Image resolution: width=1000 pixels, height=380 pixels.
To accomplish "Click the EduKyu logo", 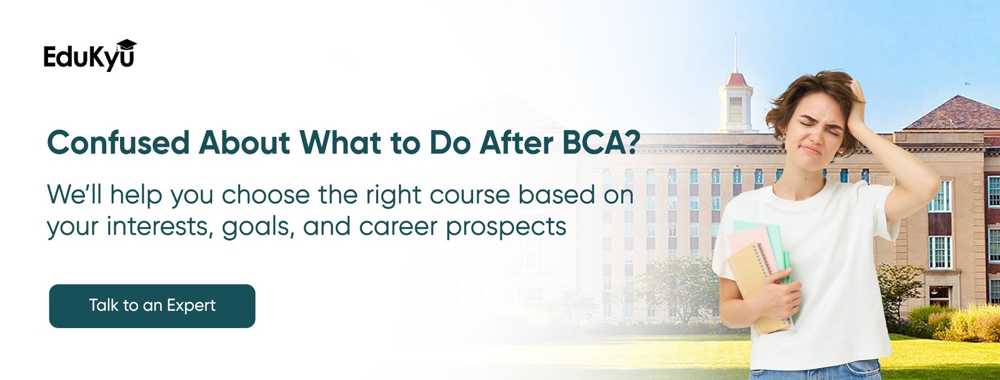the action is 90,56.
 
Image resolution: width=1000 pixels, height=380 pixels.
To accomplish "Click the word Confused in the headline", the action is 118,142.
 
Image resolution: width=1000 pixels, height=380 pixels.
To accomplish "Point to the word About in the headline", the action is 244,142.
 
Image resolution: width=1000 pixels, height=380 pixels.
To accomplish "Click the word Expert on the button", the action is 191,306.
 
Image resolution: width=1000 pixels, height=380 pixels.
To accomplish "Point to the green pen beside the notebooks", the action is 786,267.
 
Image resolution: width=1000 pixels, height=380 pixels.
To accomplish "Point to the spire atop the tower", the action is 736,52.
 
